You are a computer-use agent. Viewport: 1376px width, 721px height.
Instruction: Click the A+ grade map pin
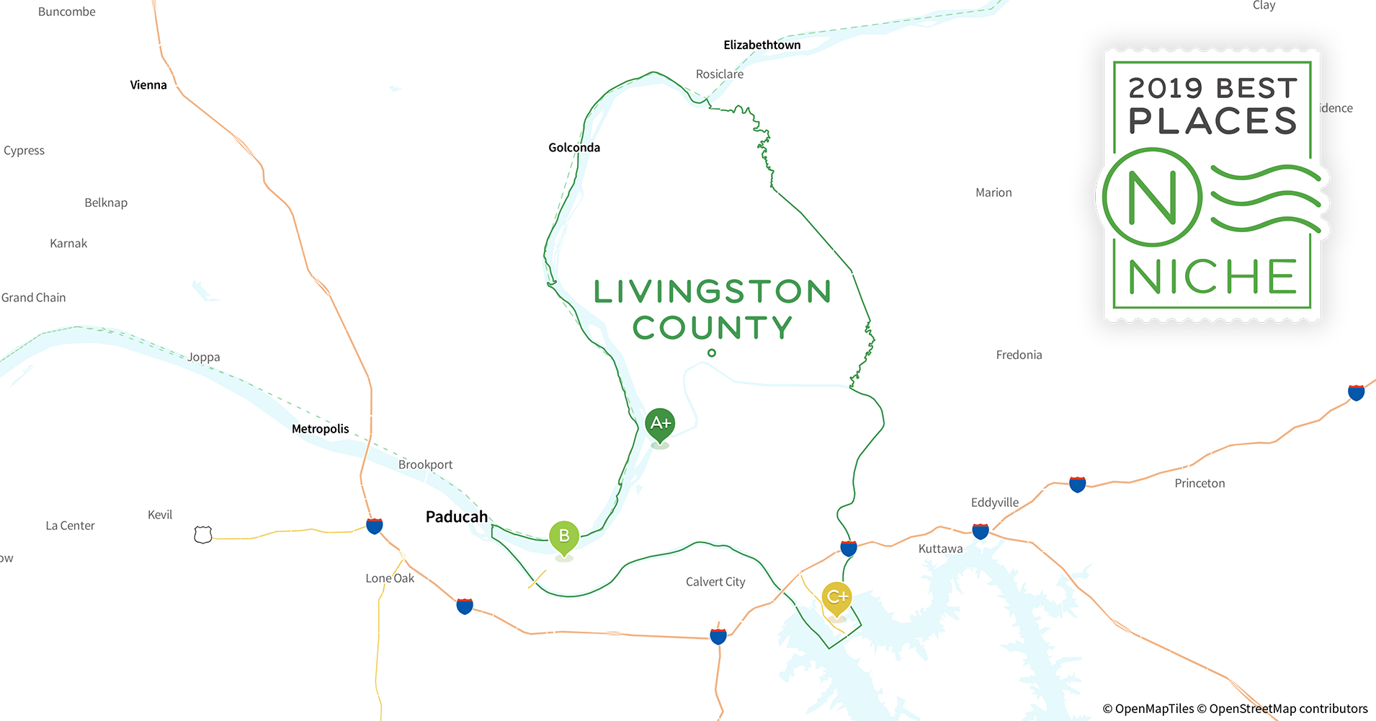click(x=660, y=424)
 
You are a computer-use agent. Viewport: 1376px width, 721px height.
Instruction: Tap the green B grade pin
click(x=564, y=536)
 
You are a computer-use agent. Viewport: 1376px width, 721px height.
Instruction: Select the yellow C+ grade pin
click(x=836, y=598)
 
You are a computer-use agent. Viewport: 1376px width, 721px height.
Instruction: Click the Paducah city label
click(x=457, y=517)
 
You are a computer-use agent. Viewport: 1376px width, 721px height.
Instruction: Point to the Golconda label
click(x=574, y=148)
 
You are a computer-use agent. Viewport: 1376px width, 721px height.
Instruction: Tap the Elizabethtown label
click(x=762, y=45)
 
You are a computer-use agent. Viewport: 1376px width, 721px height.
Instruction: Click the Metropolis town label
click(x=321, y=429)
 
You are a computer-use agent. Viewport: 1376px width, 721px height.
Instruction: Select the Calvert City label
click(x=715, y=582)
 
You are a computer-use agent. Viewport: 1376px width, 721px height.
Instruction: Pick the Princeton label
click(x=1199, y=483)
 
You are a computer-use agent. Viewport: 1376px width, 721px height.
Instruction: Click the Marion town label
click(x=993, y=193)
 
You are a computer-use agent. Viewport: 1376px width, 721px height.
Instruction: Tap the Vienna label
click(x=148, y=85)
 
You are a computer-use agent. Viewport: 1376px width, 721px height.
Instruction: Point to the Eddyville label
click(x=995, y=503)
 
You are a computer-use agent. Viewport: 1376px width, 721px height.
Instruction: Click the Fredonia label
click(x=1019, y=355)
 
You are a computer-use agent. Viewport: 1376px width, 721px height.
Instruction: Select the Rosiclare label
click(x=720, y=74)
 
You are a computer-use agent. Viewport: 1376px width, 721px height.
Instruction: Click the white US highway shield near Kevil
click(x=203, y=535)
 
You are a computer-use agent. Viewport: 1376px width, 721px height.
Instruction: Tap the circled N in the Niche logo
click(x=1152, y=197)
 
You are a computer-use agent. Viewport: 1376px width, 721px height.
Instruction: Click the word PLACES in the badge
click(x=1212, y=121)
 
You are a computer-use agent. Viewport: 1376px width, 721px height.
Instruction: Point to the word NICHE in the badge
click(x=1212, y=277)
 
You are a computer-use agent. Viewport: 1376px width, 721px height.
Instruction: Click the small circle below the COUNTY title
click(x=712, y=353)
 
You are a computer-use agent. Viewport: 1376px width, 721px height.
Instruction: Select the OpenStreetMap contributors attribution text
click(x=1288, y=709)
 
